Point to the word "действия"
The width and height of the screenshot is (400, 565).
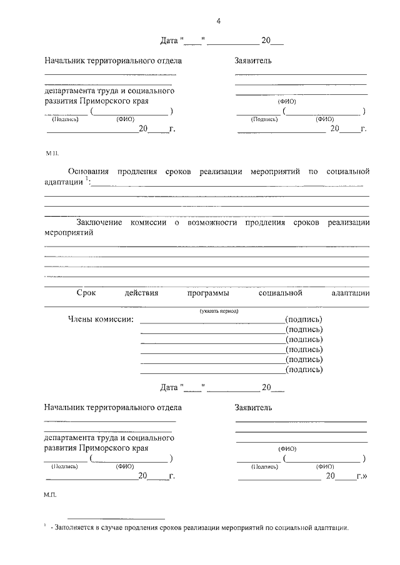[141, 293]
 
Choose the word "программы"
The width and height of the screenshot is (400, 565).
[207, 293]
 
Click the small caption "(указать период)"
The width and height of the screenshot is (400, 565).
[219, 310]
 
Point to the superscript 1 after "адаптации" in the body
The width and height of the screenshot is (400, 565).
[87, 179]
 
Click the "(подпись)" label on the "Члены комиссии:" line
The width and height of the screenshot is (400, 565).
[304, 320]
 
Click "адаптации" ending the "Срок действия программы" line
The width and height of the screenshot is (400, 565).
[351, 293]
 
